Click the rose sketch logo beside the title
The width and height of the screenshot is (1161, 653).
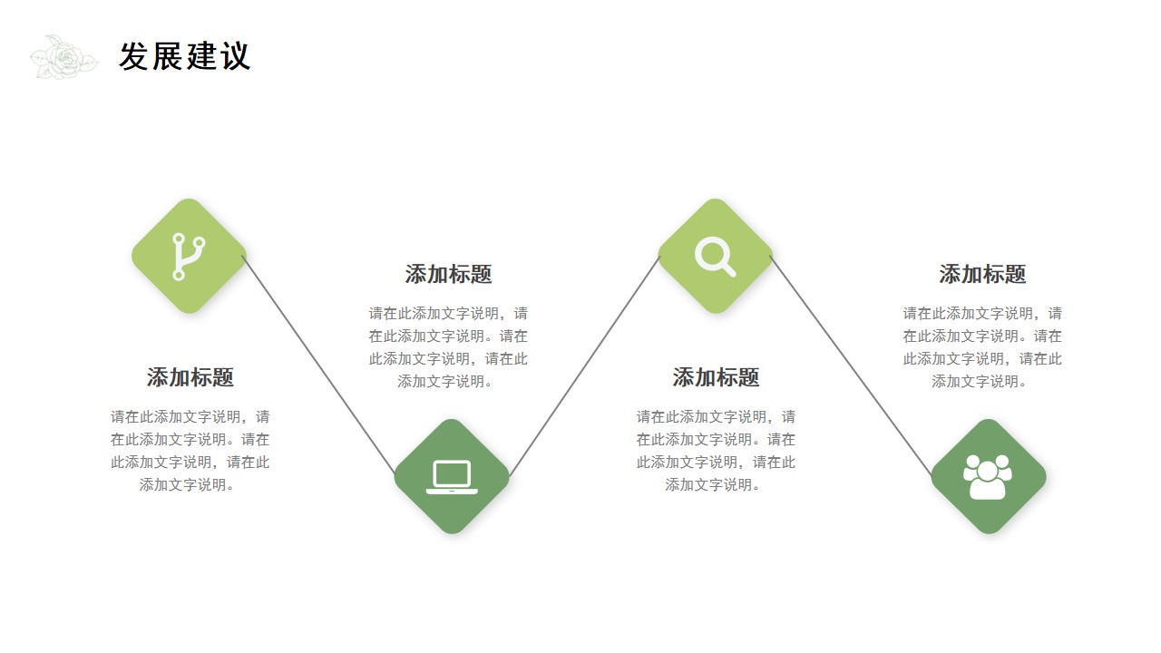coord(63,57)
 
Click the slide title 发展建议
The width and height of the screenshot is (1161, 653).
coord(185,56)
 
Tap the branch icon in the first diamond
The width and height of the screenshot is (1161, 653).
coord(188,257)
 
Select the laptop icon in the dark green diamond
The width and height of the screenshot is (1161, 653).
coord(452,477)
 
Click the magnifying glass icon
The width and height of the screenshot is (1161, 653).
coord(715,257)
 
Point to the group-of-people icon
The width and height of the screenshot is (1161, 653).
coord(988,477)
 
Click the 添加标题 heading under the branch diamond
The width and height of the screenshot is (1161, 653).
coord(190,377)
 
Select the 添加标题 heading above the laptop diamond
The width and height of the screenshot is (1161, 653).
coord(448,274)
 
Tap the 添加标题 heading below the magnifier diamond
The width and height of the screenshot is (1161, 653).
coord(716,377)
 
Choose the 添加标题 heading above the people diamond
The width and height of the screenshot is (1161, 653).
coord(982,274)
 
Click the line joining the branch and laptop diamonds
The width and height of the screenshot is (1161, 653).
coord(318,365)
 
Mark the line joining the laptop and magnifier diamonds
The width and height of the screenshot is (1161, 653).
coord(585,365)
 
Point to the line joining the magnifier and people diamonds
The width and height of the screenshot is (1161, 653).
coord(851,365)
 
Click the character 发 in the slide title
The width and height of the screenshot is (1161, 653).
coord(133,56)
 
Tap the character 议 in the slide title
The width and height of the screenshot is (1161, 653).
coord(236,56)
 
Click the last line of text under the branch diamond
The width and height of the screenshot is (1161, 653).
coord(187,485)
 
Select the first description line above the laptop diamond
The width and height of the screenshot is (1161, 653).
coord(448,314)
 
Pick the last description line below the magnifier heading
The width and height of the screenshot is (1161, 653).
coord(713,485)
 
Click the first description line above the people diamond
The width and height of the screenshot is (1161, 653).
coord(982,314)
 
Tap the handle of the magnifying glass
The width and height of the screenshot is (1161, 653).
coord(728,270)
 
